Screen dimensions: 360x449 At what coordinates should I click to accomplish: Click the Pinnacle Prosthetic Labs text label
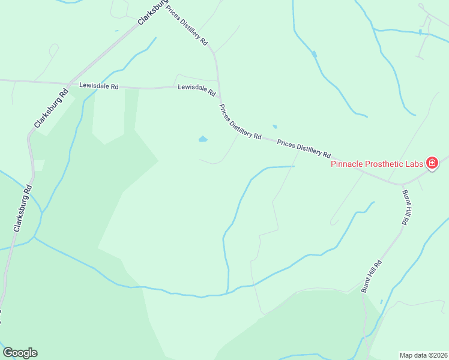pyautogui.click(x=377, y=163)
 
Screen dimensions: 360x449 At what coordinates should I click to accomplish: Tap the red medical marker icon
pyautogui.click(x=431, y=163)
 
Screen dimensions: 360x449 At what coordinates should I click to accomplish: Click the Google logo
pyautogui.click(x=20, y=353)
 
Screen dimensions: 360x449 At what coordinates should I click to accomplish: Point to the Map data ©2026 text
pyautogui.click(x=423, y=355)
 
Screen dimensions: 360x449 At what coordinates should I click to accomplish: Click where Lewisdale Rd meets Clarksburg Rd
pyautogui.click(x=70, y=83)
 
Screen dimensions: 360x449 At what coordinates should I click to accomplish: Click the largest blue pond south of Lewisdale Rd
pyautogui.click(x=203, y=140)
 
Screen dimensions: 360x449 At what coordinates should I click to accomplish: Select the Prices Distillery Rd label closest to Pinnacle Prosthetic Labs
pyautogui.click(x=304, y=148)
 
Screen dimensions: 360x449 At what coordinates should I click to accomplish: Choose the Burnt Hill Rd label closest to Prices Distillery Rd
pyautogui.click(x=405, y=208)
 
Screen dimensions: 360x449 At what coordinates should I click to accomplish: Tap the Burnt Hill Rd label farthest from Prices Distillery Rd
pyautogui.click(x=371, y=277)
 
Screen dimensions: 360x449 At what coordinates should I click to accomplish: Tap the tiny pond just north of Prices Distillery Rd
pyautogui.click(x=275, y=127)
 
